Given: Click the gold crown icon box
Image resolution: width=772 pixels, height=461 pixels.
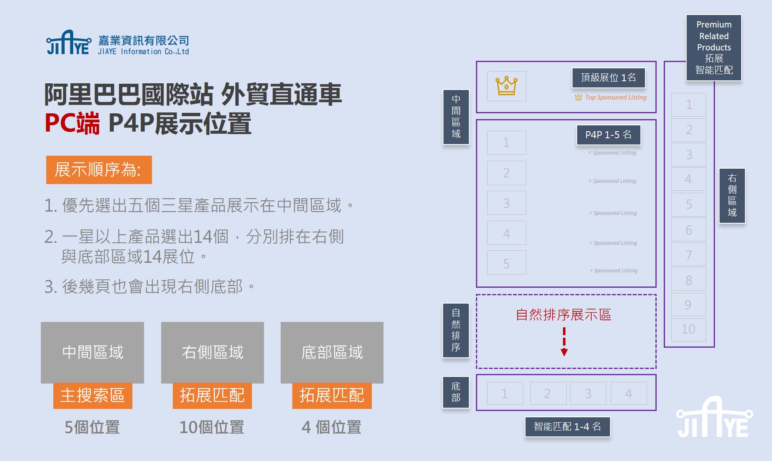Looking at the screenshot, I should click(x=506, y=86).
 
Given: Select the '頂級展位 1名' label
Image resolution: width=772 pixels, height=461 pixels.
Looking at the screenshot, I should click(x=608, y=78).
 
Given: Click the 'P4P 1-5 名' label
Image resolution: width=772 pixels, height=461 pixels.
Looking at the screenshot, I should click(x=608, y=135).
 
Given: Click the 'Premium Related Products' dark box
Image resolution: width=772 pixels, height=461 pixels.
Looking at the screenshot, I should click(x=714, y=47).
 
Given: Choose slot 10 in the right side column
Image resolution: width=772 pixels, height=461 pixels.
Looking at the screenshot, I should click(x=688, y=329).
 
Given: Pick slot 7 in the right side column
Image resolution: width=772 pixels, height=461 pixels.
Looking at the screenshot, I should click(x=688, y=255).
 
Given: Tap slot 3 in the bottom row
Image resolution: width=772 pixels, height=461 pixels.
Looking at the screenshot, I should click(x=588, y=394).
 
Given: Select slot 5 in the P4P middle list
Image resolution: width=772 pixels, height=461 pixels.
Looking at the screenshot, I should click(x=506, y=263).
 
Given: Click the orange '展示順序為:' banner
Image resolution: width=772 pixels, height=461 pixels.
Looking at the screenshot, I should click(x=99, y=170).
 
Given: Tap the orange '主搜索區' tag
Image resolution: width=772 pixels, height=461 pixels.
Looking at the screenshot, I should click(x=92, y=396).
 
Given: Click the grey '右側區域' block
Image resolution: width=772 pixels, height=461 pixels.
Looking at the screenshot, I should click(x=212, y=352).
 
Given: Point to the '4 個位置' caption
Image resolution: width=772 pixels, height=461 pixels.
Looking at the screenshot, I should click(x=331, y=427).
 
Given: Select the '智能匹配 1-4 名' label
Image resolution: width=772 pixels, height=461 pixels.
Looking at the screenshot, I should click(x=567, y=427).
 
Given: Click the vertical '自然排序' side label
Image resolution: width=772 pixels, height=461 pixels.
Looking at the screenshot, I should click(x=456, y=330).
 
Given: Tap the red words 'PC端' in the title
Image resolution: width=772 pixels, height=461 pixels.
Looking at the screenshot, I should click(x=72, y=124).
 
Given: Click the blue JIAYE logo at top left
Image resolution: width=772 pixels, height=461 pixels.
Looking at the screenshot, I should click(x=69, y=43).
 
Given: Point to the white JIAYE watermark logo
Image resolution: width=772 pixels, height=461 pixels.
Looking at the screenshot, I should click(x=714, y=418).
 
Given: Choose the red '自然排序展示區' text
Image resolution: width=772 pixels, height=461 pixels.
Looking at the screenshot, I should click(x=563, y=315).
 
